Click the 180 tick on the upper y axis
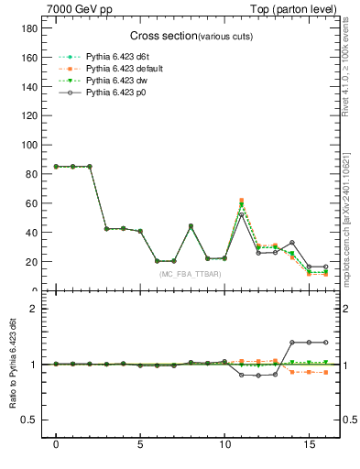click(35, 28)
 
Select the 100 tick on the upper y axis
click(35, 145)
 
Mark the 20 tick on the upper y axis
click(37, 262)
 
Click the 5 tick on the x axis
click(140, 446)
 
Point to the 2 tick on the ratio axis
click(40, 309)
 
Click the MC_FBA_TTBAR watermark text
click(189, 274)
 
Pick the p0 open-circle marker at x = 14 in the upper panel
click(292, 243)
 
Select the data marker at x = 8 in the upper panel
click(191, 226)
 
